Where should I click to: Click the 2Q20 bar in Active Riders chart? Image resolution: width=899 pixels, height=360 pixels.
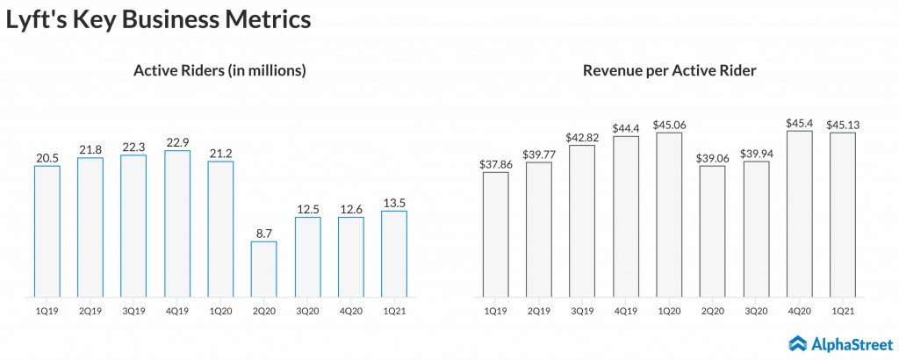coord(263,269)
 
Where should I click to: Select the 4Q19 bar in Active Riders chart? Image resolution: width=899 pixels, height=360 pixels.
coord(177,224)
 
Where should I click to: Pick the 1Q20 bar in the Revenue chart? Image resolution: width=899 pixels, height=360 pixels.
coord(668,215)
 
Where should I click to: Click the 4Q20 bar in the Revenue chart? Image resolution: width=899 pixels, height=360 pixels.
coord(799,214)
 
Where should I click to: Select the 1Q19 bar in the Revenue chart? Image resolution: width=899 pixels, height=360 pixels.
coord(495,234)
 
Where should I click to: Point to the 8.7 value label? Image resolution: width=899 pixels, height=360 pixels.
coord(263,233)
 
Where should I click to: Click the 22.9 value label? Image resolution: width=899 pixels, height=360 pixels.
coord(177,141)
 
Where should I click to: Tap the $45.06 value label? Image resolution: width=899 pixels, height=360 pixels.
coord(668,124)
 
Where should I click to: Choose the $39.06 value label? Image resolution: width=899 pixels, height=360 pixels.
coord(712,157)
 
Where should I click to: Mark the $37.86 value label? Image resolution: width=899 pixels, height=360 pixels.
coord(495,163)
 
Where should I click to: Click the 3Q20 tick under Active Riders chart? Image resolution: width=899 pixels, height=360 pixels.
coord(306,309)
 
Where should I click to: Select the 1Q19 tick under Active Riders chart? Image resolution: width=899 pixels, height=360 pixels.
coord(47,309)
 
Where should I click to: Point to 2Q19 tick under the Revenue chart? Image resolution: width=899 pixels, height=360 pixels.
coord(539,309)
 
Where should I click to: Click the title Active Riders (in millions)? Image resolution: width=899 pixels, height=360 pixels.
coord(219,70)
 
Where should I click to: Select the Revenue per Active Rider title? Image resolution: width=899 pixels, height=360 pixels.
coord(668,70)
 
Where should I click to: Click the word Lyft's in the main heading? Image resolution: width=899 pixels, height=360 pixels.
coord(36,20)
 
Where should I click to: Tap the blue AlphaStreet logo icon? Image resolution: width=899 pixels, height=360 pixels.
coord(798,343)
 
